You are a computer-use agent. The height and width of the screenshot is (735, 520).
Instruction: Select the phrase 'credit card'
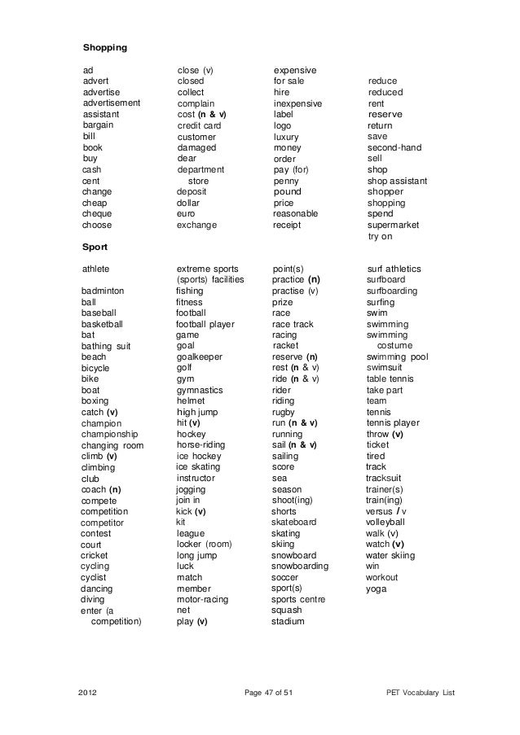coord(200,126)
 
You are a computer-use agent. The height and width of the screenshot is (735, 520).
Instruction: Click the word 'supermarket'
coord(393,225)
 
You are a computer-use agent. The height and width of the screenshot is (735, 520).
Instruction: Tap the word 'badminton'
coord(104,291)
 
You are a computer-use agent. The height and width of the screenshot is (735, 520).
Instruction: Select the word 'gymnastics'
coord(200,390)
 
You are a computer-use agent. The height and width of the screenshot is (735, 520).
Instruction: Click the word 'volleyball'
coord(386,522)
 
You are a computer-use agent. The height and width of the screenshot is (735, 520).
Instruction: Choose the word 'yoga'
coord(377,588)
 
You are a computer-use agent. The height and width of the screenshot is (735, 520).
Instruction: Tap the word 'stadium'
coord(289,622)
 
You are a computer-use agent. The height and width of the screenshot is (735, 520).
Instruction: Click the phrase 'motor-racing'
coord(202,599)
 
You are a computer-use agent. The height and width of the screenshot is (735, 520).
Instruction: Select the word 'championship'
coord(110,434)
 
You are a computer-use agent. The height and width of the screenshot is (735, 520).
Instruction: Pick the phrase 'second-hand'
coord(394,148)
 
